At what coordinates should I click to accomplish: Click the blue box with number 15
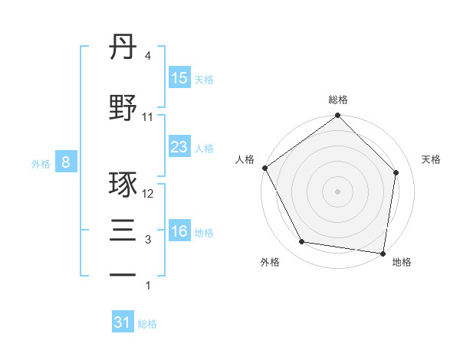coord(179,78)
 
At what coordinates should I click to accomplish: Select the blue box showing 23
coord(179,147)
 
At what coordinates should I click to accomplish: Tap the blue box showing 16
coord(179,231)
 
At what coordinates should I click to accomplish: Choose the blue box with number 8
coord(66,162)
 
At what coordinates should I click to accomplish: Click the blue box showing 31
coord(123,323)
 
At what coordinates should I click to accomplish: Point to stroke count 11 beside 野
coord(148,117)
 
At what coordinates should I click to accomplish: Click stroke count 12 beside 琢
coord(149,195)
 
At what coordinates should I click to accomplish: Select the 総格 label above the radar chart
coord(338,100)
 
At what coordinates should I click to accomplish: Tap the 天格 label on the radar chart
coord(432,159)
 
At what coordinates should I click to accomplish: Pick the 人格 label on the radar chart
coord(245,159)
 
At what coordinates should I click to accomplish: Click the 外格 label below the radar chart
coord(270,263)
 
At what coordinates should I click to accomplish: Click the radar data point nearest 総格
coord(338,116)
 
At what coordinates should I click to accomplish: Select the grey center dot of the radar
coord(338,191)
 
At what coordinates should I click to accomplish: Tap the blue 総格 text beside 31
coord(147,324)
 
